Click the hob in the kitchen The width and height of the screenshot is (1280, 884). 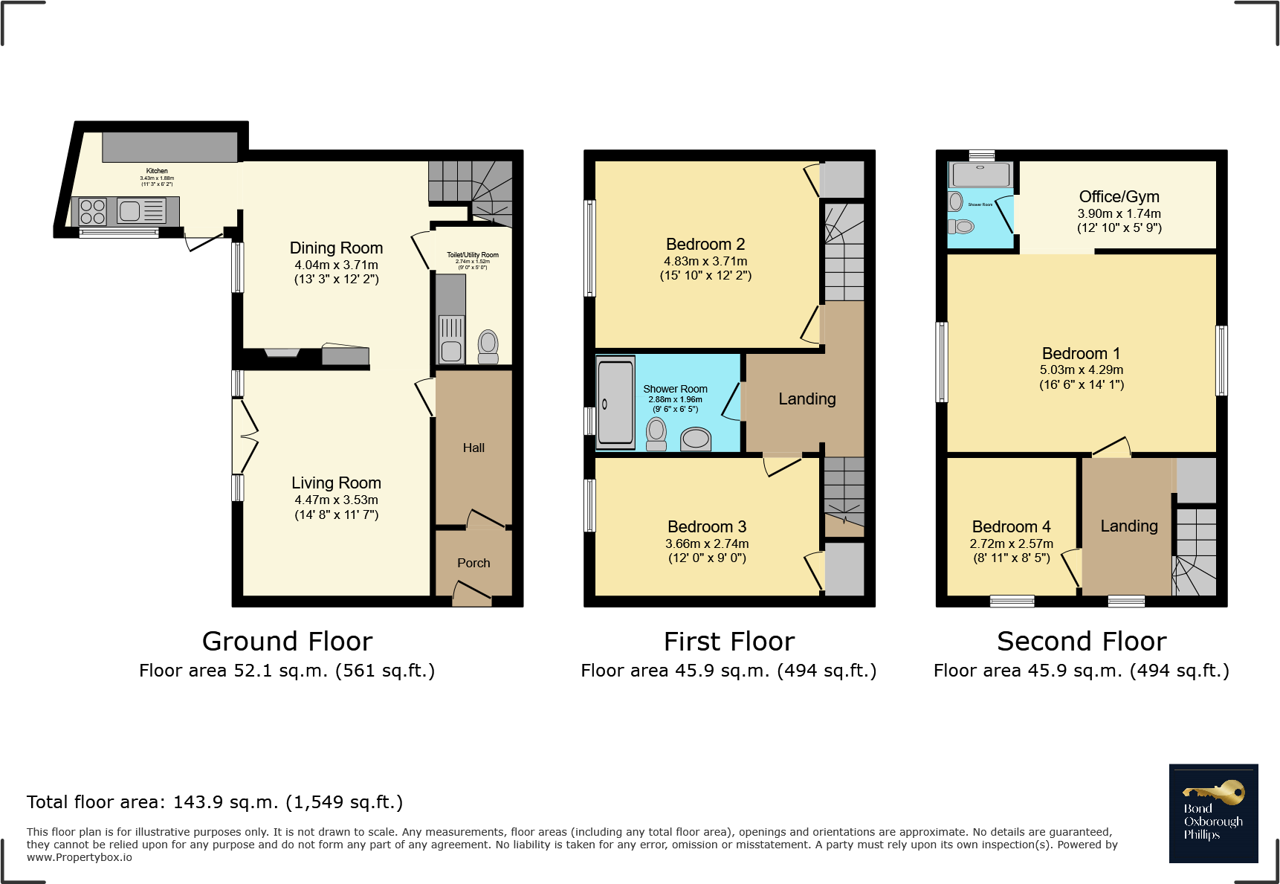pyautogui.click(x=92, y=212)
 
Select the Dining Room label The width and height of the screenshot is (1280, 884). pyautogui.click(x=336, y=248)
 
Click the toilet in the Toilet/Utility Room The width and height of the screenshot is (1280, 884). pyautogui.click(x=488, y=346)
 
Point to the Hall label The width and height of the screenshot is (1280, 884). pyautogui.click(x=473, y=448)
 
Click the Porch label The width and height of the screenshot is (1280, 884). pyautogui.click(x=473, y=563)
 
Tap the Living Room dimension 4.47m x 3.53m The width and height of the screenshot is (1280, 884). pyautogui.click(x=336, y=500)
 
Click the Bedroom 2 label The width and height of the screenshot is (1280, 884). pyautogui.click(x=705, y=244)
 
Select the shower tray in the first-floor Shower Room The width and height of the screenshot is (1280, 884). pyautogui.click(x=615, y=402)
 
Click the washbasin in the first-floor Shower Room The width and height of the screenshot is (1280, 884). pyautogui.click(x=696, y=439)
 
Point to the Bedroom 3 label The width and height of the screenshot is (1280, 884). pyautogui.click(x=706, y=526)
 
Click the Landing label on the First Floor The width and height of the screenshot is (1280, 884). pyautogui.click(x=807, y=399)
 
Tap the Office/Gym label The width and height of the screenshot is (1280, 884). pyautogui.click(x=1119, y=196)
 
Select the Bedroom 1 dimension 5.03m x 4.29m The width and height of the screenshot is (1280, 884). pyautogui.click(x=1081, y=370)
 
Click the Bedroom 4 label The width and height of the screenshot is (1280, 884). pyautogui.click(x=1011, y=526)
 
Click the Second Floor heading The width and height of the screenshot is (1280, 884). pyautogui.click(x=1081, y=641)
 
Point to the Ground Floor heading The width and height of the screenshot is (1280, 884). pyautogui.click(x=287, y=641)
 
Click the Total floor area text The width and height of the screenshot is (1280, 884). pyautogui.click(x=215, y=801)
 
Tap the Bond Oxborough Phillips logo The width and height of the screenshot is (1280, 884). pyautogui.click(x=1212, y=813)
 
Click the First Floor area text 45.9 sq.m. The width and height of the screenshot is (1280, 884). pyautogui.click(x=728, y=671)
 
